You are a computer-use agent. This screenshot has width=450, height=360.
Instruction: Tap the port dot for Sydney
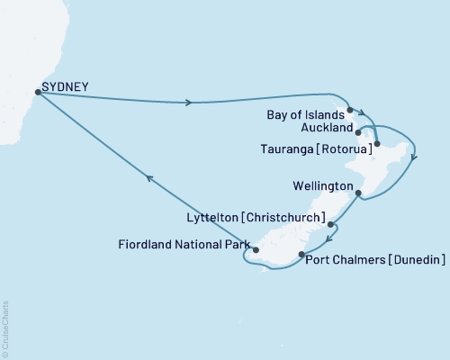37,91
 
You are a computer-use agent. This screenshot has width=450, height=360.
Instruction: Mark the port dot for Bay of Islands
350,110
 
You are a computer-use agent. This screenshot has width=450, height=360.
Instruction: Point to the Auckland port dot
358,131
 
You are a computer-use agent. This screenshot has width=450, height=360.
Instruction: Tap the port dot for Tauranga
377,144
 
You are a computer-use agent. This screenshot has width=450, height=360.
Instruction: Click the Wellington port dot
358,193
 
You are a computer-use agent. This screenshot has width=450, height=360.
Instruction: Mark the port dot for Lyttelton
330,224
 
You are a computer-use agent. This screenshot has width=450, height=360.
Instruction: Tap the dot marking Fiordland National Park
256,250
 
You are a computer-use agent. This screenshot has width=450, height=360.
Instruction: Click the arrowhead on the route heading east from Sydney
187,103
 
